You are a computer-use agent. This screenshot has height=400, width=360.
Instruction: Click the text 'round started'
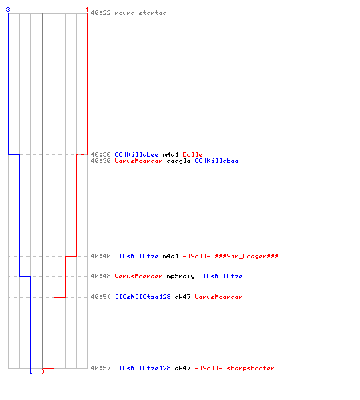point(141,13)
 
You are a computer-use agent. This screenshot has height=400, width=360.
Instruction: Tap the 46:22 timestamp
point(101,13)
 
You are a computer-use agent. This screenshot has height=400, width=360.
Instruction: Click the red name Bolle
point(193,154)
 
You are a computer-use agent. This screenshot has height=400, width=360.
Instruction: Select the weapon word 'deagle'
point(178,162)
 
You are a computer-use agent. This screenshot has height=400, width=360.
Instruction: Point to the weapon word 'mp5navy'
point(181,277)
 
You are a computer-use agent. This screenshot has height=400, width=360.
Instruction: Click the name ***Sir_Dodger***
point(246,256)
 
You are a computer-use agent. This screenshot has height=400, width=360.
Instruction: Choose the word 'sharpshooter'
point(250,369)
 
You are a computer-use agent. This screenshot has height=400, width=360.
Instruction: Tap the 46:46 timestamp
point(101,256)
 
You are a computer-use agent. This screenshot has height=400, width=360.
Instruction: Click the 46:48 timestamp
point(101,276)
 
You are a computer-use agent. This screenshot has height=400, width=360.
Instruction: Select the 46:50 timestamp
point(101,297)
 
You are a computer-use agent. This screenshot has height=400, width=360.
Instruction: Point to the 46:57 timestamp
point(101,368)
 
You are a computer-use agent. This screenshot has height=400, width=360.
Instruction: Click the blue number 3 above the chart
point(8,10)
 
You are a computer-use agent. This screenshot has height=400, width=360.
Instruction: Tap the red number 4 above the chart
point(87,10)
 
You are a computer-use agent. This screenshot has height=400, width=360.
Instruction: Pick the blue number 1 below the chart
point(30,371)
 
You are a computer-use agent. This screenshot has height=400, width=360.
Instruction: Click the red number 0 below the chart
point(42,371)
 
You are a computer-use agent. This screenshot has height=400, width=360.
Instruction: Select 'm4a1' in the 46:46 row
point(170,256)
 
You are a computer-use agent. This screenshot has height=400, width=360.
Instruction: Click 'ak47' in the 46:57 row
point(182,368)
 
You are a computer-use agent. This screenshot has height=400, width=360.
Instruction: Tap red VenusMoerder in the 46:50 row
point(218,297)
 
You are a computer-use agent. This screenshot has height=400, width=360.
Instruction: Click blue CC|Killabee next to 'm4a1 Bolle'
point(137,154)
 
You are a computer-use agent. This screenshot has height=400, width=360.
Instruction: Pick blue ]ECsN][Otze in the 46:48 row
point(221,276)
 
